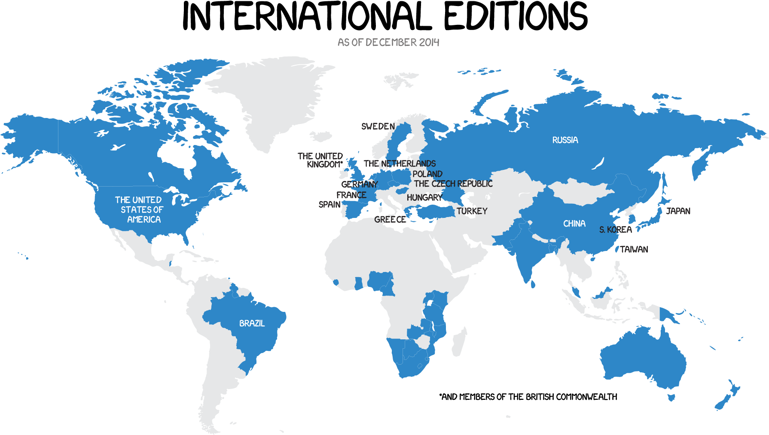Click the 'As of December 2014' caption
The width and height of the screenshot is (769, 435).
[388, 42]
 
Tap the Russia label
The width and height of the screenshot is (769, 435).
[565, 140]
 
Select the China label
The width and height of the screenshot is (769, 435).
[574, 224]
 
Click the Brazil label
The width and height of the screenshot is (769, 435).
[252, 323]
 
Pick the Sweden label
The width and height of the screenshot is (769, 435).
[378, 126]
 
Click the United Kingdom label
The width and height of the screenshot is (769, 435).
[320, 160]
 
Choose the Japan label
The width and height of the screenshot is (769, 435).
[678, 211]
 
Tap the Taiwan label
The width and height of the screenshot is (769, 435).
[634, 249]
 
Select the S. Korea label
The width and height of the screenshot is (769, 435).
[615, 230]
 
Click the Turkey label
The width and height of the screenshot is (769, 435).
[472, 211]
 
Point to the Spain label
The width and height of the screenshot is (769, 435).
[329, 205]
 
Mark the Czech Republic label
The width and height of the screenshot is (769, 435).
[453, 184]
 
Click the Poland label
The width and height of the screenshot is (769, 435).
[427, 174]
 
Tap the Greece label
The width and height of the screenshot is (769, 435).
[390, 219]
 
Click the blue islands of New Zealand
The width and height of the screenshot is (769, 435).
[726, 397]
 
